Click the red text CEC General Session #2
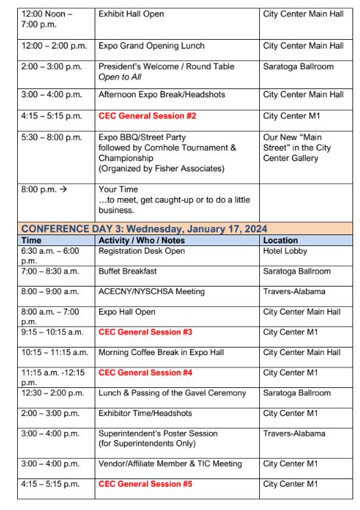pos(147,116)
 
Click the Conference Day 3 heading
pos(144,229)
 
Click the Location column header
pos(280,241)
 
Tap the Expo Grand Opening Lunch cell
pos(152,46)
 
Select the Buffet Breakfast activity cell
pos(128,271)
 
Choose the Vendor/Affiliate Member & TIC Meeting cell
pos(169,464)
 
